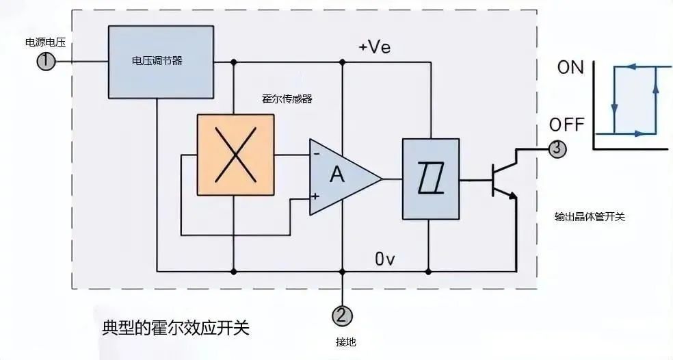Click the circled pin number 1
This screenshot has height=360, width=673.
point(46,62)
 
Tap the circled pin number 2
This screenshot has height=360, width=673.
point(342,316)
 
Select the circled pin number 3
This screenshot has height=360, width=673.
point(557,149)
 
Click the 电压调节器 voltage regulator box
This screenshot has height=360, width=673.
point(161,62)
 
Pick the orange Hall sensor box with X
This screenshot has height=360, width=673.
point(235,155)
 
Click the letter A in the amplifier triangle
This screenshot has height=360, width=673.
point(337,175)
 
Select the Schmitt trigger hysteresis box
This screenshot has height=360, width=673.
point(430,179)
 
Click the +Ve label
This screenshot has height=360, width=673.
point(375,47)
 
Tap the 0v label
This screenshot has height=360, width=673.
point(385,259)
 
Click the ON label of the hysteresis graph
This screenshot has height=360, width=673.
point(570,68)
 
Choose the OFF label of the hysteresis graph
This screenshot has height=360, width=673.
point(566,125)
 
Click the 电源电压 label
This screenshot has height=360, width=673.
point(45,42)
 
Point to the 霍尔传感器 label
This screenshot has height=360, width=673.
point(287,99)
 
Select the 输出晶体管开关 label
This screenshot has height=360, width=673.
point(590,217)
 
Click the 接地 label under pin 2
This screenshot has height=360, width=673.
point(346,342)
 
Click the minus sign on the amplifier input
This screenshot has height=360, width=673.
point(317,153)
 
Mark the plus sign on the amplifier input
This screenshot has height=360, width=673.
point(315,196)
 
